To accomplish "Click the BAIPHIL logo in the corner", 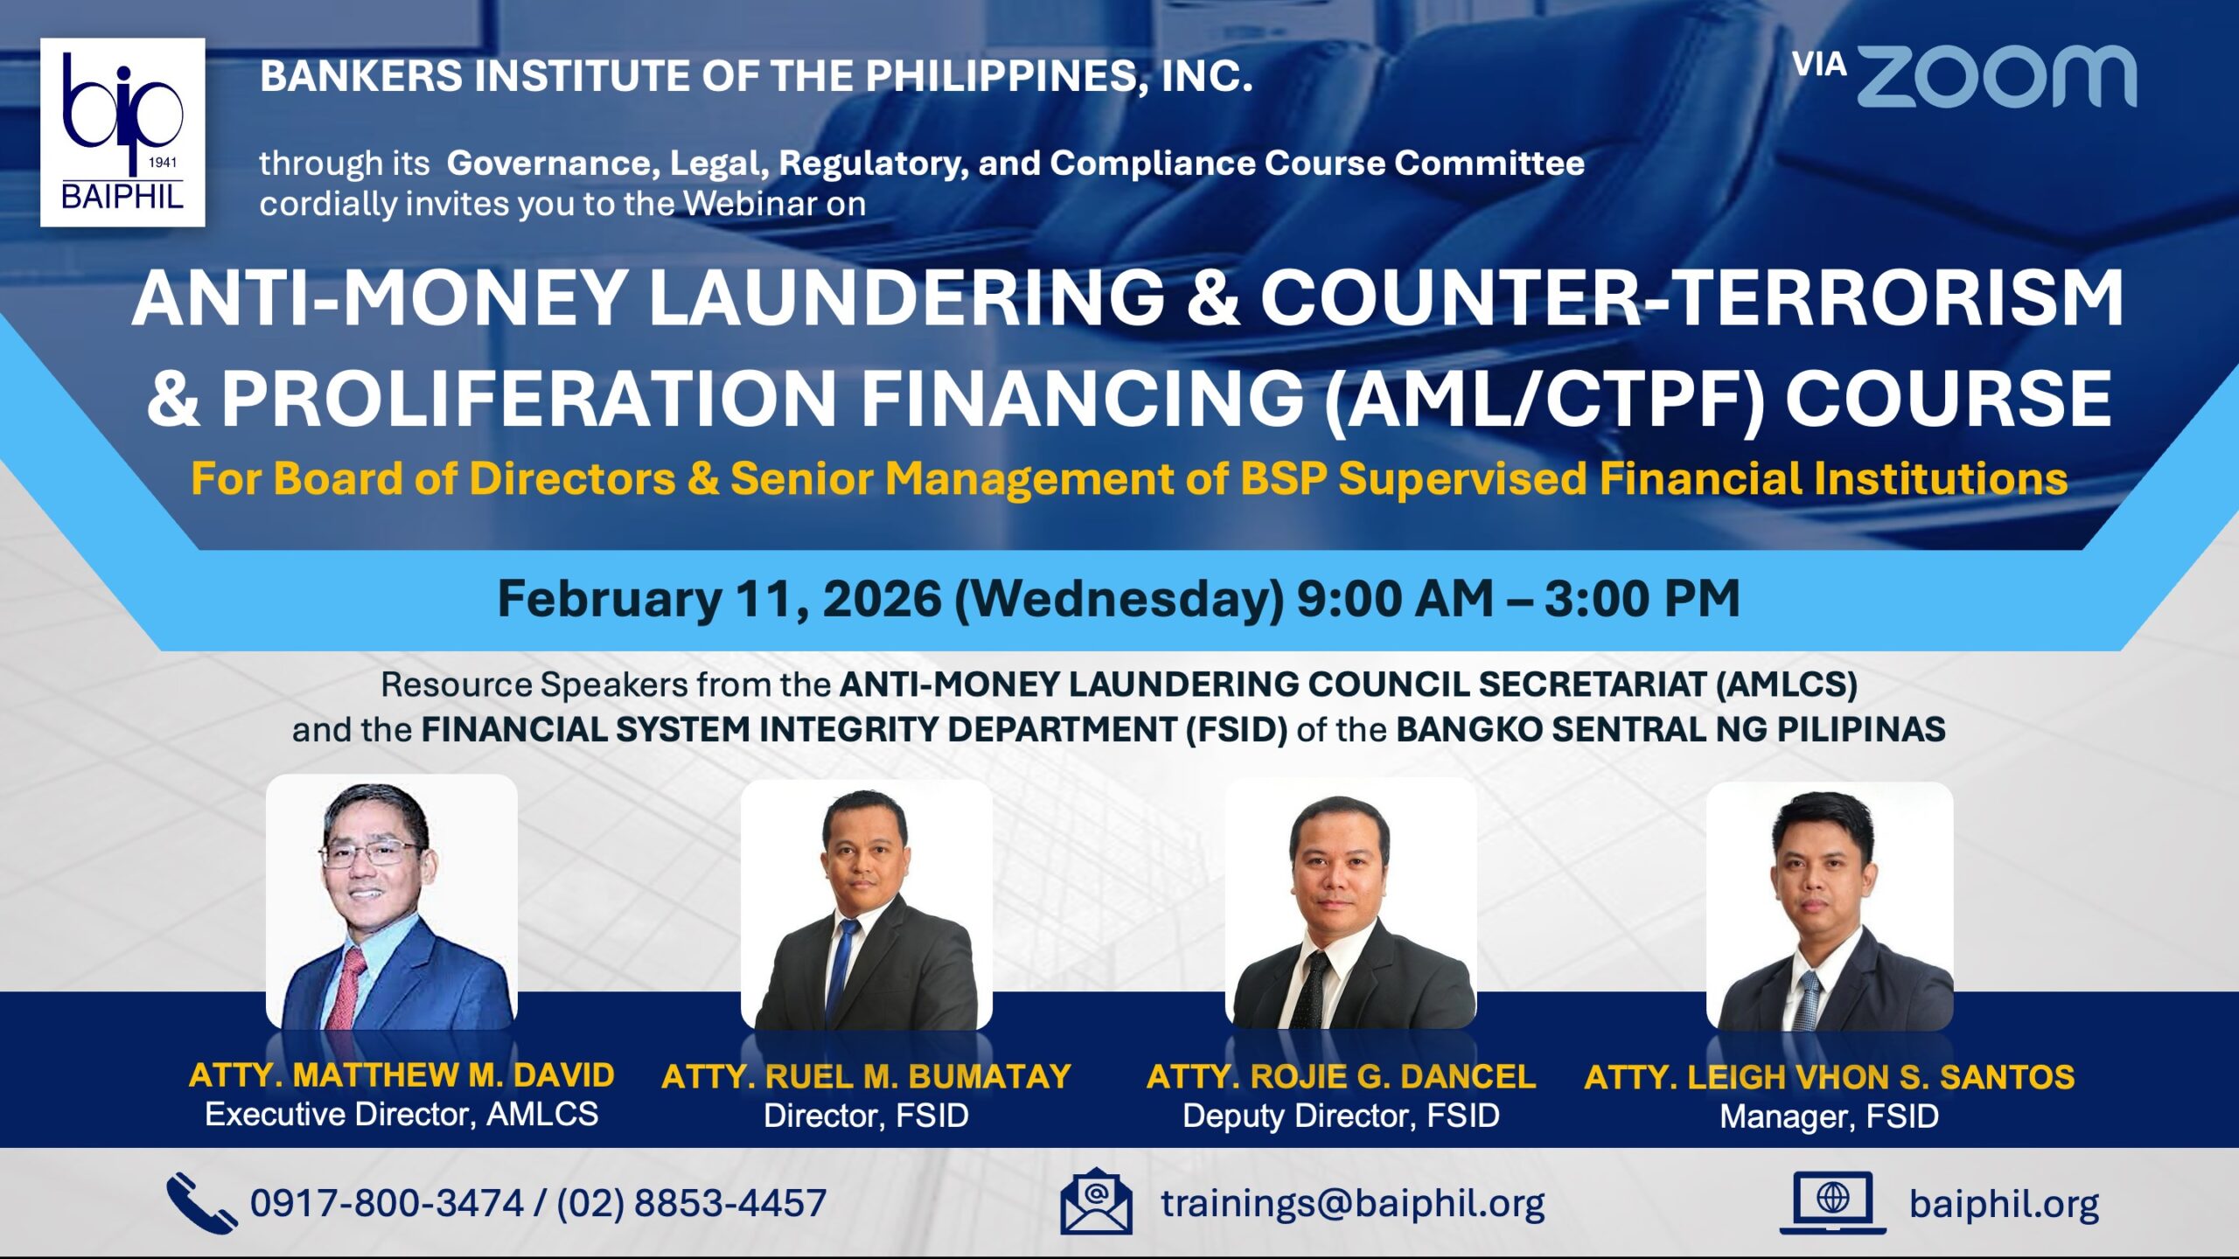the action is coord(122,133).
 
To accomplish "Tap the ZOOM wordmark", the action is coord(1996,77).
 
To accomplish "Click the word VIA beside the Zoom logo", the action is coord(1819,65).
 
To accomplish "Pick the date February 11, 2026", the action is coord(719,600).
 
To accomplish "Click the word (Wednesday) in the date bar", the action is coord(1119,601).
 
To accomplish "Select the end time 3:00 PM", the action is coord(1643,599).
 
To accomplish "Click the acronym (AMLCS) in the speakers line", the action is coord(1787,685).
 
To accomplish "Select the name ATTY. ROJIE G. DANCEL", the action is coord(1341,1076).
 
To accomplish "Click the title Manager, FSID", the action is coord(1829,1116).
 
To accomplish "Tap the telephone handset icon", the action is coord(201,1203).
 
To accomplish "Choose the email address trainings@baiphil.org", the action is coord(1352,1204).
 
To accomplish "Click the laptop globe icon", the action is coord(1833,1203).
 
